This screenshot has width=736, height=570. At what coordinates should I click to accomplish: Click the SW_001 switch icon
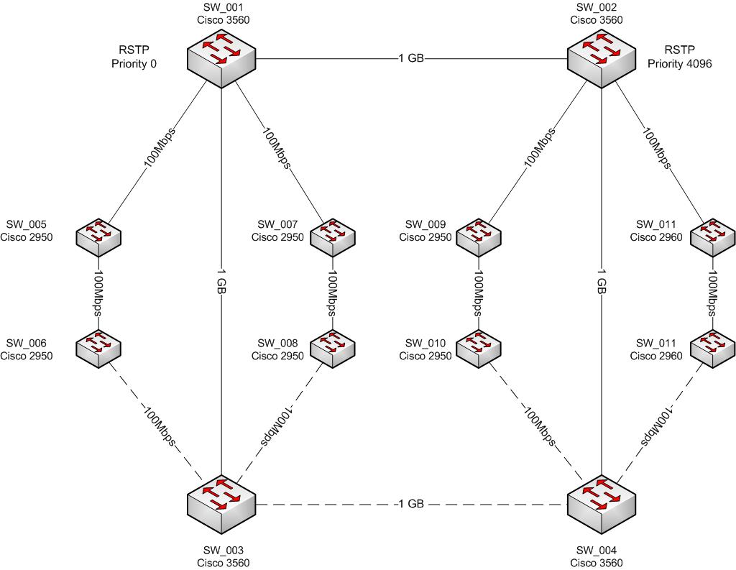(x=221, y=58)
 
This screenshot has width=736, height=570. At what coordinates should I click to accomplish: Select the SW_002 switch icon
(x=602, y=58)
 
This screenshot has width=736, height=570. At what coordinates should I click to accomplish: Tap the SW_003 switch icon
(x=221, y=505)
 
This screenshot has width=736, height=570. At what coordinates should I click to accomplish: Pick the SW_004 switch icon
(x=602, y=505)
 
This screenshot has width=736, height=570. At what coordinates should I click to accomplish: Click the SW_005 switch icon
(x=98, y=237)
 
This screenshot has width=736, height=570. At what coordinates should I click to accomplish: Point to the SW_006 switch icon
(x=98, y=349)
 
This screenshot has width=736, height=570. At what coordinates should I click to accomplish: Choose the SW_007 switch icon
(x=332, y=237)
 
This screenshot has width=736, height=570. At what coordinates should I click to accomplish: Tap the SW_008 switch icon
(x=332, y=349)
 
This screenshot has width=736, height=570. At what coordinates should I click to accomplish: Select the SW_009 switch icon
(x=479, y=237)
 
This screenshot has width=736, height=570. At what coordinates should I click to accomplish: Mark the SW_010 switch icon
(x=479, y=349)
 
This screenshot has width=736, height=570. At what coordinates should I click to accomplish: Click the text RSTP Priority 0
(x=134, y=57)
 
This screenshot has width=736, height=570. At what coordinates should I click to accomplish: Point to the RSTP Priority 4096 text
(x=680, y=57)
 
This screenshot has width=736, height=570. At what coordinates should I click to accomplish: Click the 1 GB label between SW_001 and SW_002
(x=410, y=58)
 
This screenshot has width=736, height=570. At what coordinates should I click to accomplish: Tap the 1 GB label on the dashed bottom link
(x=410, y=504)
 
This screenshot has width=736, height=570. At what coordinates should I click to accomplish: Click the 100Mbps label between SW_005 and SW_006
(x=98, y=293)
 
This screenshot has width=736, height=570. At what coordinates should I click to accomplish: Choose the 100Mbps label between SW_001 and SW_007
(x=277, y=148)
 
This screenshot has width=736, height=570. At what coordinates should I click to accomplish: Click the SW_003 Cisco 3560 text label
(x=224, y=556)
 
